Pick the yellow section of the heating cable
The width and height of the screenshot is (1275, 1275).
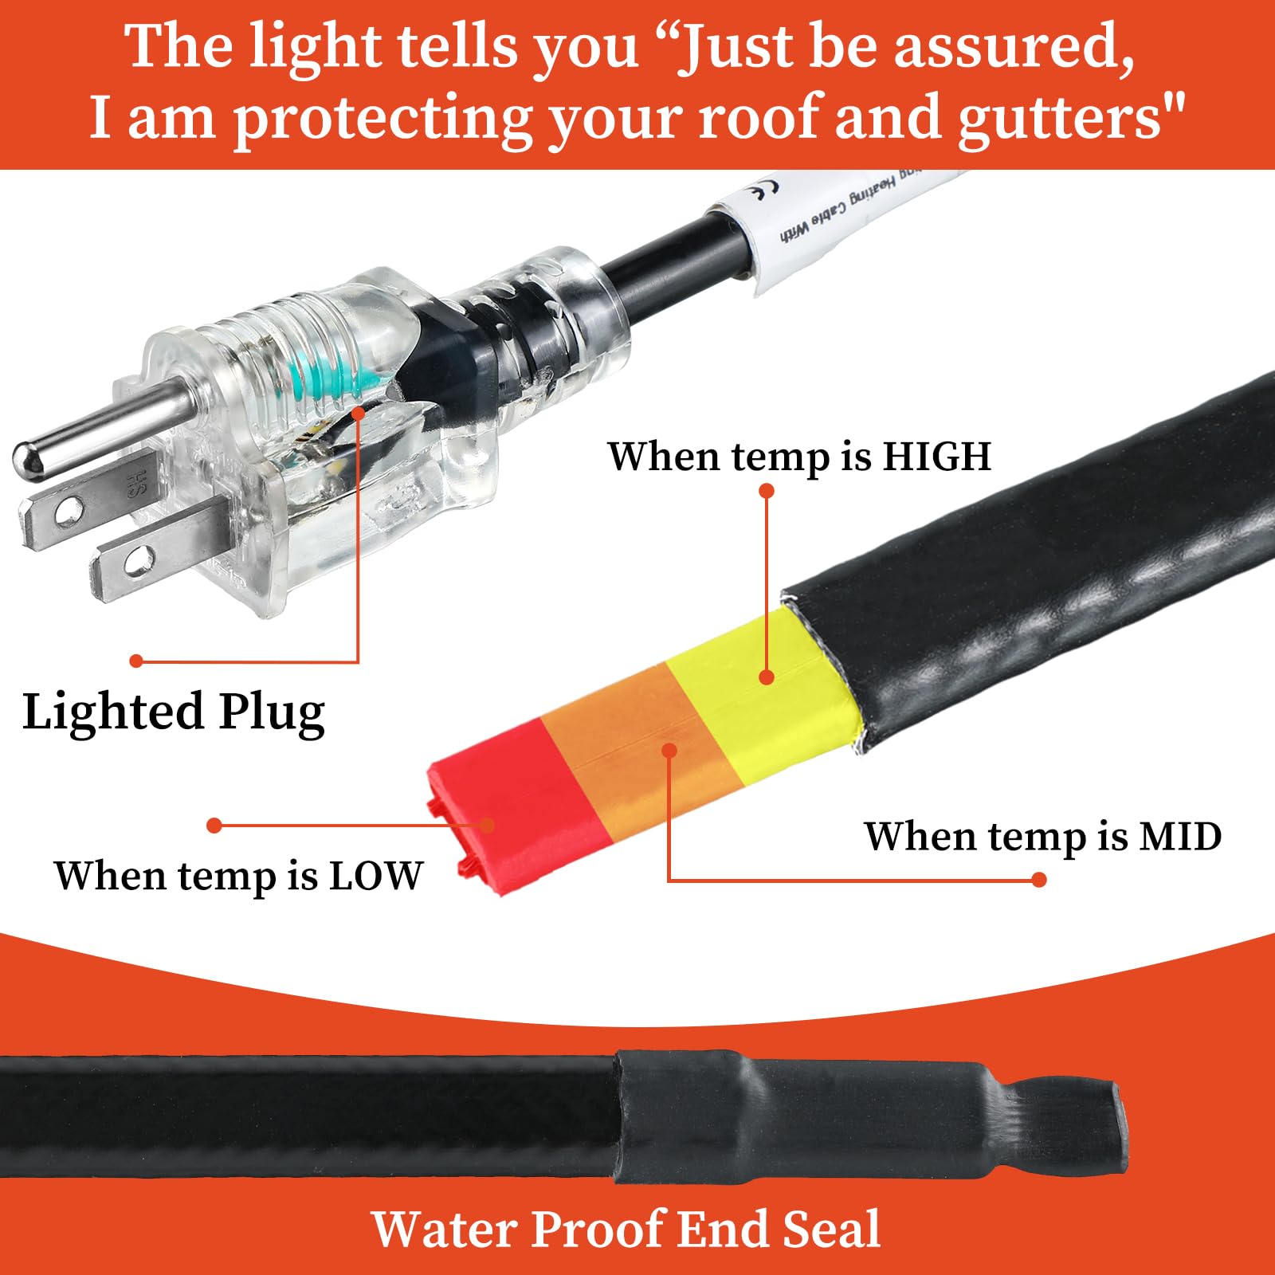pyautogui.click(x=757, y=677)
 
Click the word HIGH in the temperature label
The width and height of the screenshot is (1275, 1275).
pyautogui.click(x=936, y=457)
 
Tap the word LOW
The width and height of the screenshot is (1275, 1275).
pyautogui.click(x=375, y=876)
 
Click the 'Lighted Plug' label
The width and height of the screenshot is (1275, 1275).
pyautogui.click(x=174, y=712)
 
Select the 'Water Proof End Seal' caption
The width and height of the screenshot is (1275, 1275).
pyautogui.click(x=626, y=1228)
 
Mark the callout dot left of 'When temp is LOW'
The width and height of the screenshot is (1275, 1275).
pyautogui.click(x=214, y=826)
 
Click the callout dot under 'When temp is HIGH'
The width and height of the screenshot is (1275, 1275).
pyautogui.click(x=767, y=491)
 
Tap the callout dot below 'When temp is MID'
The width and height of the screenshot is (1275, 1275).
pyautogui.click(x=1038, y=880)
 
